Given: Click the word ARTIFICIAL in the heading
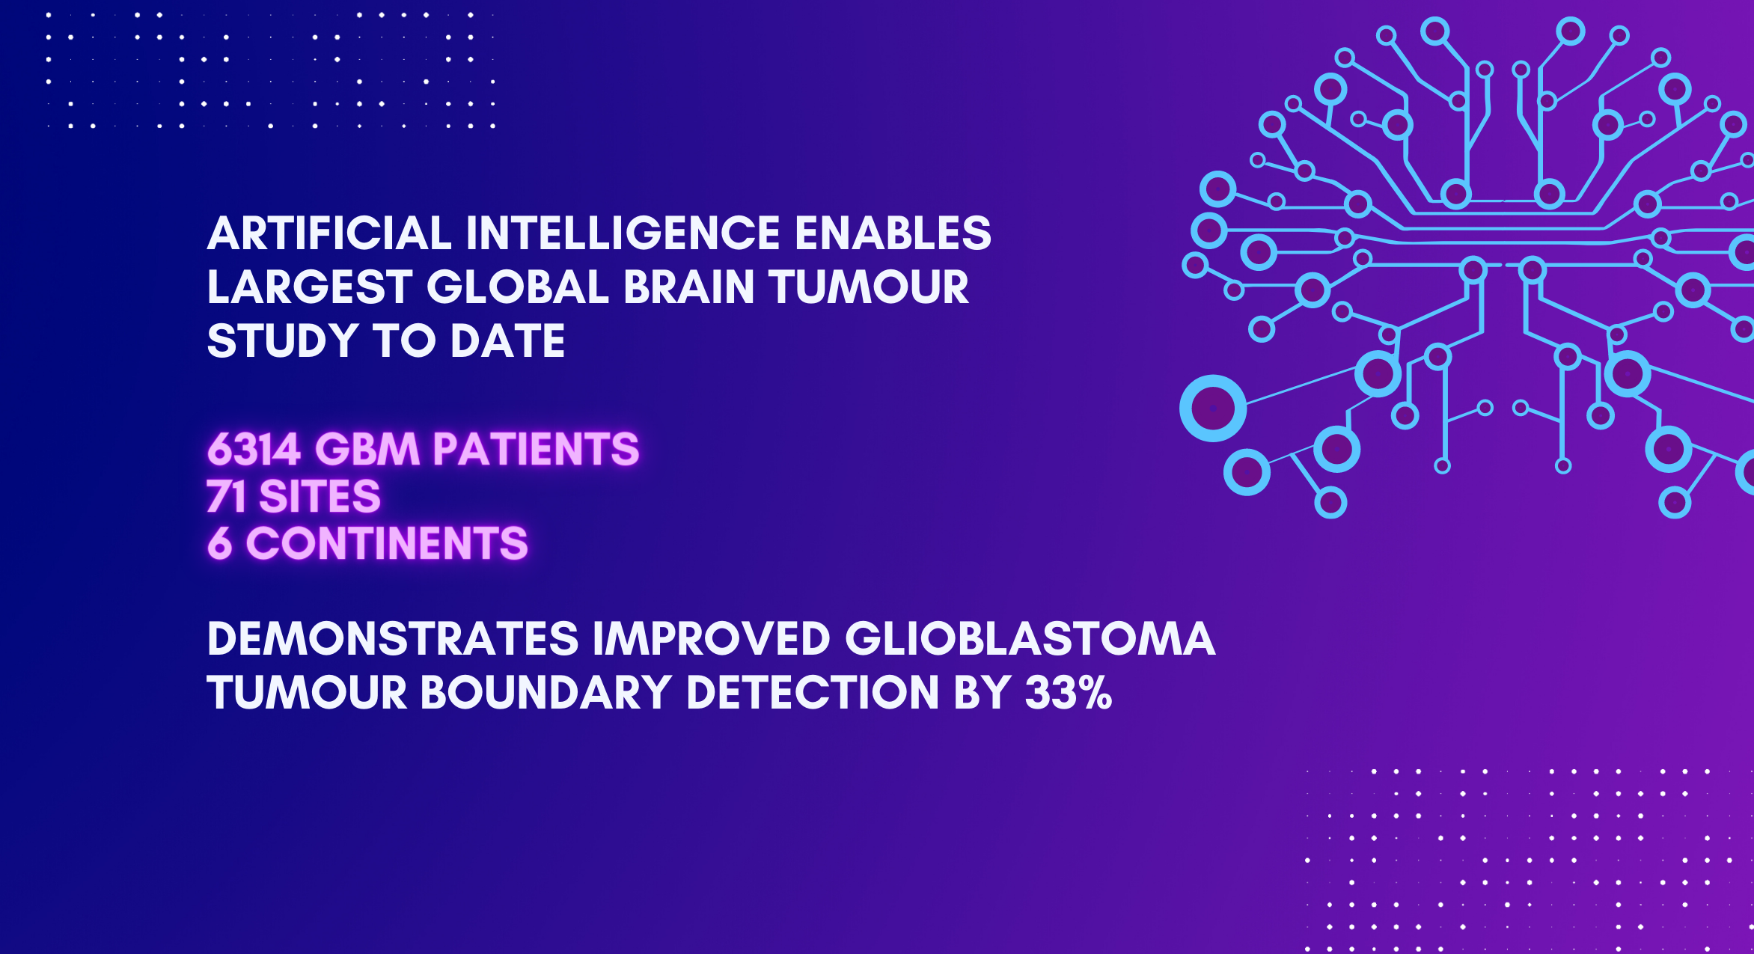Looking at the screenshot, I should point(329,233).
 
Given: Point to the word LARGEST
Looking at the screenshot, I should point(309,287).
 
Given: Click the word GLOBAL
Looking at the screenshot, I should point(517,287).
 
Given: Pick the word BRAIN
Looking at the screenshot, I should point(688,287).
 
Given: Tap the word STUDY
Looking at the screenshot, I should point(282,341).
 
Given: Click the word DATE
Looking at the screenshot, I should point(507,341).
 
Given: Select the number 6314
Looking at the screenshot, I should point(254,450).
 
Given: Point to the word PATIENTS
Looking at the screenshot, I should point(536,450).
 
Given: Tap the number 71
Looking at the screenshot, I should point(226,496).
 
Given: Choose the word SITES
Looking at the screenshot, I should point(320,496).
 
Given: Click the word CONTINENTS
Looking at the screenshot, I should point(387,543).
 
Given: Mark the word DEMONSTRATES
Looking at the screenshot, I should point(393,639).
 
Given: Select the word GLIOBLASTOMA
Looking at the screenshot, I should point(1030,639).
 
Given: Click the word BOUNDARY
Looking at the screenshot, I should point(546,693).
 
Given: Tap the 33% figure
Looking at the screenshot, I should point(1068,693).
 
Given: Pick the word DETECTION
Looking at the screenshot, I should point(812,693).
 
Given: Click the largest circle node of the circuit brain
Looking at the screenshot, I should point(1212,409).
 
